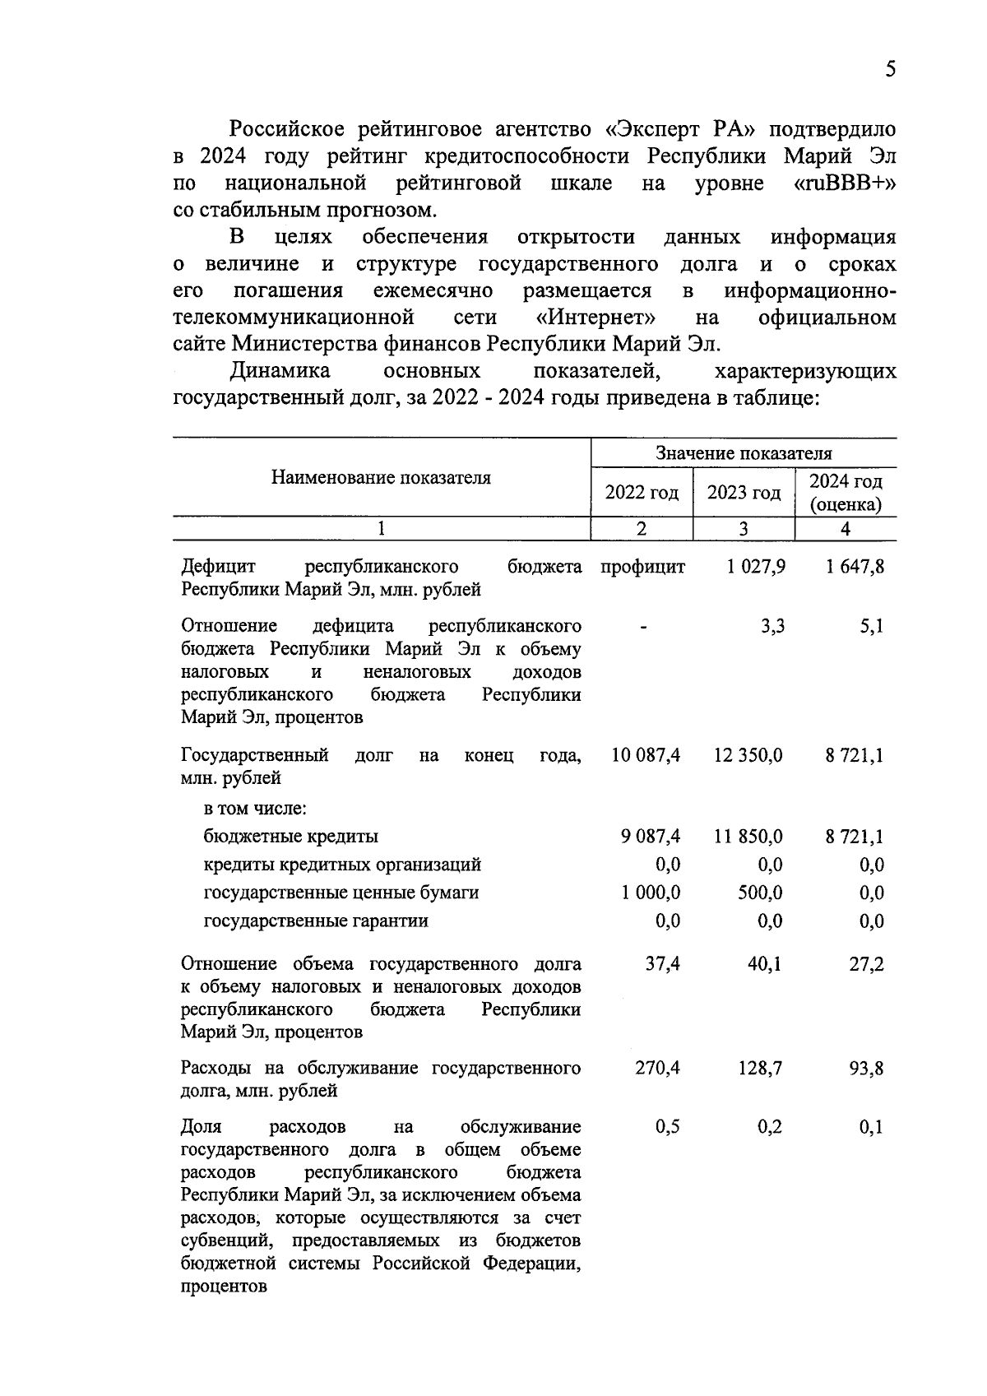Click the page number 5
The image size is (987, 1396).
click(x=890, y=68)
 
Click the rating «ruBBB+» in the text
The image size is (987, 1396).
click(x=845, y=183)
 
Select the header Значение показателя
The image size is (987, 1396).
click(x=744, y=453)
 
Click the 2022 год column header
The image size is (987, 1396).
click(x=642, y=493)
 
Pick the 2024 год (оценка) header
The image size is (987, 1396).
click(x=846, y=493)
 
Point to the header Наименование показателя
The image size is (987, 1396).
click(x=381, y=478)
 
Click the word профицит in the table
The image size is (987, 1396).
click(x=642, y=567)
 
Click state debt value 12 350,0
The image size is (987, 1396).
click(x=748, y=755)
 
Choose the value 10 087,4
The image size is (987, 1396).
click(x=646, y=755)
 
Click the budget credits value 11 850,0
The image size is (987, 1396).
click(x=748, y=837)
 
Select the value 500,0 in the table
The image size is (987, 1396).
click(x=760, y=893)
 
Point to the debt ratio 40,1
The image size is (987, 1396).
click(x=764, y=963)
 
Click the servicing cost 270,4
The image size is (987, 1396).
click(x=657, y=1069)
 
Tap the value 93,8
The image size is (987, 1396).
click(x=866, y=1069)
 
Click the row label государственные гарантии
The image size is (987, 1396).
click(x=316, y=921)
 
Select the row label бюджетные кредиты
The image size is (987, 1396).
click(x=291, y=837)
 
